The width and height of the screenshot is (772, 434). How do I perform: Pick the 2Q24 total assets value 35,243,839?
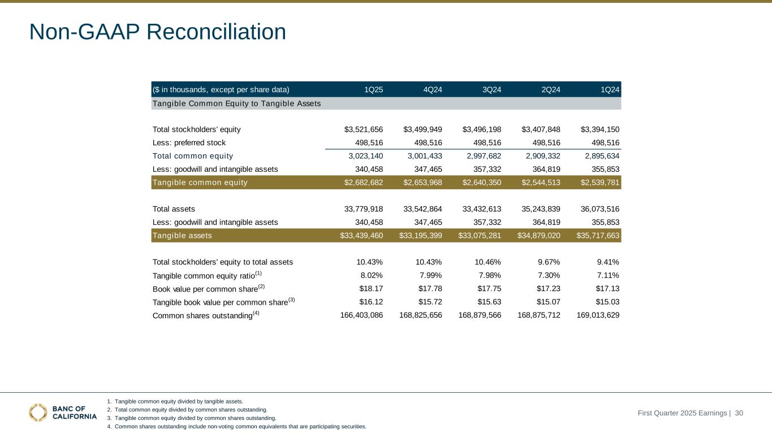tap(539, 209)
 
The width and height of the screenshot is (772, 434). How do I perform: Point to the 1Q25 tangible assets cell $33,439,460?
tap(361, 236)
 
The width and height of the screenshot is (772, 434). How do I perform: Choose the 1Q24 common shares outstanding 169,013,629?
tap(598, 315)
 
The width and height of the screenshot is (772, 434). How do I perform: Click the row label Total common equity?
tap(192, 156)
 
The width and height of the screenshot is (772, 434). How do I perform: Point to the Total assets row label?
tap(174, 209)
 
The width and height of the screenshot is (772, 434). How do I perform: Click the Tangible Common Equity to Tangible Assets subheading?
tap(236, 103)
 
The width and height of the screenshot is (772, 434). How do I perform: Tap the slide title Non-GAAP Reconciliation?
tap(158, 32)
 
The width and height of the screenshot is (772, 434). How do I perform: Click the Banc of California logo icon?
tap(38, 413)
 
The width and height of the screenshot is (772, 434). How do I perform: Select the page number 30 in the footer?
tap(739, 413)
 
